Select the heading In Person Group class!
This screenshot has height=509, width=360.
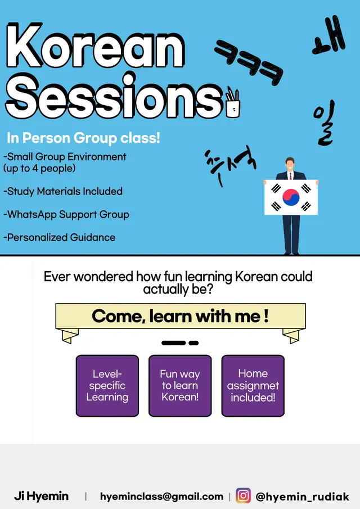(x=83, y=138)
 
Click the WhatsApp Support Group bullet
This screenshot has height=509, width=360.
(x=66, y=214)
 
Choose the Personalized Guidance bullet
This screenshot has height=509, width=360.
(x=59, y=237)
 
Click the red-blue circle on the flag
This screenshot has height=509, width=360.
(x=291, y=197)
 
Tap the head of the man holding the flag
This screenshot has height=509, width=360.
(x=290, y=164)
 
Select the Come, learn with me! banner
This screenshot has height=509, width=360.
(x=181, y=317)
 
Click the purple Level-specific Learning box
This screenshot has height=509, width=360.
(x=107, y=385)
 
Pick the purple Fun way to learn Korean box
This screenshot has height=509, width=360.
(x=180, y=385)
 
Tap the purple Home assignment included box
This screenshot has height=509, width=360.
(x=253, y=385)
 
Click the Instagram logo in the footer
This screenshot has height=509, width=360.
(x=243, y=496)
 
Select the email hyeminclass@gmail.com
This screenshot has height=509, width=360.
(x=161, y=496)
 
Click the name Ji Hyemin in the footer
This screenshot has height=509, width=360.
(x=41, y=496)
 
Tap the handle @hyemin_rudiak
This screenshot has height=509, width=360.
(x=302, y=497)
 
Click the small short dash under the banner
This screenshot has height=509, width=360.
(x=193, y=343)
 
